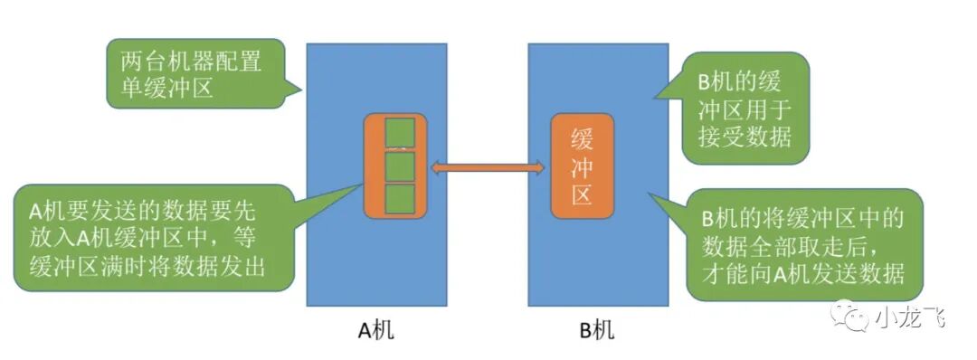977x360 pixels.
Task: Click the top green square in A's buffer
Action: point(399,132)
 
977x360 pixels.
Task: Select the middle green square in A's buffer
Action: point(399,166)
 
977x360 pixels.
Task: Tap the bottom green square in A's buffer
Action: point(399,200)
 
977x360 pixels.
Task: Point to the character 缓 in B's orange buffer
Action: point(582,137)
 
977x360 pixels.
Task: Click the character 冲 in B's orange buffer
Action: point(582,166)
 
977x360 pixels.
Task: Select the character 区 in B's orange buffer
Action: point(582,194)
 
